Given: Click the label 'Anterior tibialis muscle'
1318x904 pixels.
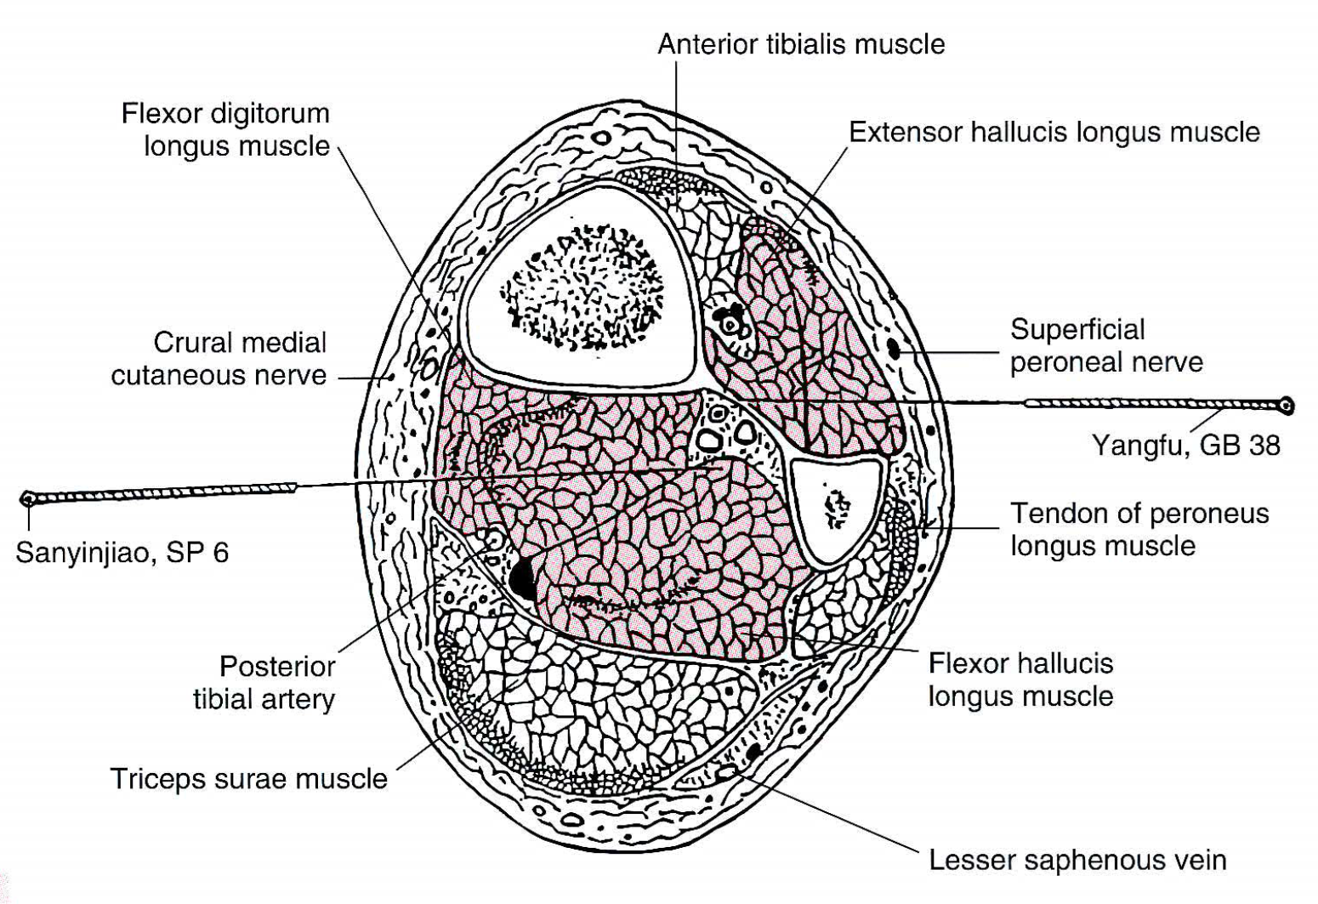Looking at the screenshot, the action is click(801, 44).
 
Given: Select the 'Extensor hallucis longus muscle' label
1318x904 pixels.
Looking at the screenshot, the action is click(1054, 132).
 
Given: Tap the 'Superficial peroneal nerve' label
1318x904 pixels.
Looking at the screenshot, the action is click(1107, 345).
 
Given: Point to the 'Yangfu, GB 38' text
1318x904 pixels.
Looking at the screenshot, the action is click(1186, 446).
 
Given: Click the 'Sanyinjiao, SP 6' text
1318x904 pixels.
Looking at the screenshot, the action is click(122, 553).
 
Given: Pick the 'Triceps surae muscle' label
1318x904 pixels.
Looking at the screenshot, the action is click(249, 779).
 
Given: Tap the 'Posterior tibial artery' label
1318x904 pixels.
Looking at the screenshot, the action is click(264, 683).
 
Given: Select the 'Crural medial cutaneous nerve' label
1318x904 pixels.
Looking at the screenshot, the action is click(219, 358).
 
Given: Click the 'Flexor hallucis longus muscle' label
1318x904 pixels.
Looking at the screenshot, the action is click(1021, 679).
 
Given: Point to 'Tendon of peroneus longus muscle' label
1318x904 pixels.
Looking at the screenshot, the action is click(1139, 530).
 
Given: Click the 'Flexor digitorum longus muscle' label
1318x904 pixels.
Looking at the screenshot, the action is click(225, 129).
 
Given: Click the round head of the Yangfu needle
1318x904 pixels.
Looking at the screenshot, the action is click(1287, 406).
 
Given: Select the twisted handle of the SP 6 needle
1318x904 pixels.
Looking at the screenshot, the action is click(165, 492).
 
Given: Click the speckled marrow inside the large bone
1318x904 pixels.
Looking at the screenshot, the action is click(582, 287).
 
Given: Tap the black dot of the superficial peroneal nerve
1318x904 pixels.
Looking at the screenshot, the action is click(894, 349).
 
